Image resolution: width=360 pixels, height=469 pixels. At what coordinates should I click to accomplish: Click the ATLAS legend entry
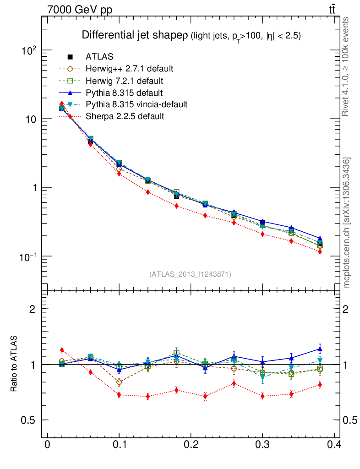pyautogui.click(x=99, y=57)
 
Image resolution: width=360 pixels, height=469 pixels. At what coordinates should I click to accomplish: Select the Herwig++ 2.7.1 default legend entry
pyautogui.click(x=129, y=69)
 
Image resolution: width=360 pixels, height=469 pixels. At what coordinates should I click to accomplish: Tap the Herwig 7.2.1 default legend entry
pyautogui.click(x=124, y=81)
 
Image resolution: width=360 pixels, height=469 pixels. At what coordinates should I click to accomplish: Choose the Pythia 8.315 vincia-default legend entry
pyautogui.click(x=136, y=104)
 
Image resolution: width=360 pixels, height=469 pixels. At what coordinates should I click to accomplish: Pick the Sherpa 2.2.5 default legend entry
pyautogui.click(x=125, y=116)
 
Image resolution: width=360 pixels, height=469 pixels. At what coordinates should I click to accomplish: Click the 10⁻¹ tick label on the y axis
pyautogui.click(x=28, y=256)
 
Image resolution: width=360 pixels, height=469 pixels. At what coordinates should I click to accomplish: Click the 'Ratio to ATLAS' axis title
pyautogui.click(x=15, y=364)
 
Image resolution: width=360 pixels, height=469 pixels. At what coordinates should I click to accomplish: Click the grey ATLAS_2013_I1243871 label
pyautogui.click(x=190, y=274)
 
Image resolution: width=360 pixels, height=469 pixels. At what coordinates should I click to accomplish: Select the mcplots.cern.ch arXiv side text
pyautogui.click(x=347, y=223)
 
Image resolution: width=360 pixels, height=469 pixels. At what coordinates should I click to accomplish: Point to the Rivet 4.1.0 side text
pyautogui.click(x=346, y=67)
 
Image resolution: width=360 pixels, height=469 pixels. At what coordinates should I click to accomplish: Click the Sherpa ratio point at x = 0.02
pyautogui.click(x=62, y=350)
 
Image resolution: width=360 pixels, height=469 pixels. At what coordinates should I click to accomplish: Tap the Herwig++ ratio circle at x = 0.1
pyautogui.click(x=119, y=382)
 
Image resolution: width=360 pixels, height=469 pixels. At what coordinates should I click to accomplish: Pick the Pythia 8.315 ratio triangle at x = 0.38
pyautogui.click(x=319, y=349)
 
